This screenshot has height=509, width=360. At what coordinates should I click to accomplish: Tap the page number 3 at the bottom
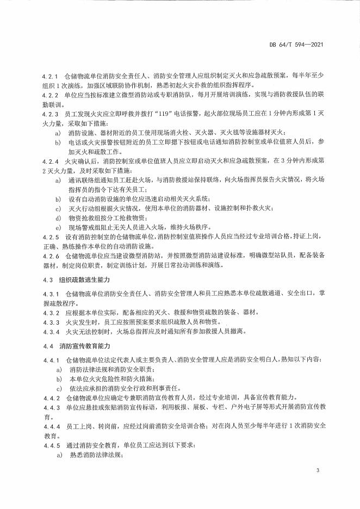[x=316, y=469]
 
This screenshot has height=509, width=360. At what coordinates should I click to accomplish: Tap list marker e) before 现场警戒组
[x=58, y=226]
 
